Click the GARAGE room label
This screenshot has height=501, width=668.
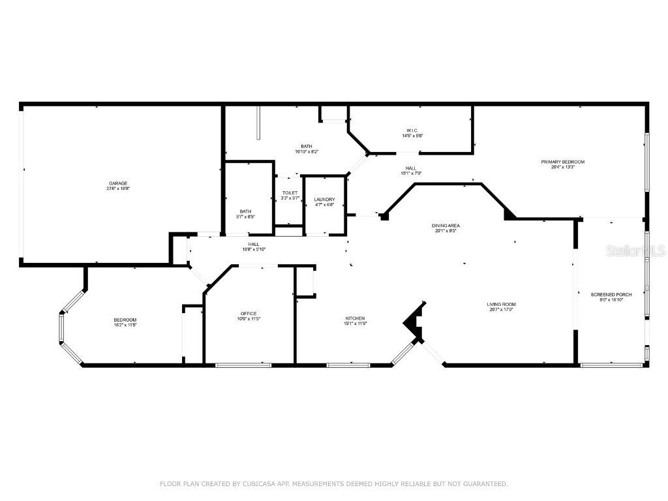(x=118, y=183)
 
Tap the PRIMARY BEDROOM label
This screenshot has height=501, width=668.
(x=562, y=162)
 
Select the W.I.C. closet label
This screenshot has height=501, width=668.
(x=412, y=130)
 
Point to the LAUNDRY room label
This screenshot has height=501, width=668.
(x=324, y=199)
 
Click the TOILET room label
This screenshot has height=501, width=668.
(x=290, y=193)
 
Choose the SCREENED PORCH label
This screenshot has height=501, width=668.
(x=607, y=295)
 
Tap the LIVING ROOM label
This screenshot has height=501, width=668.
(x=501, y=305)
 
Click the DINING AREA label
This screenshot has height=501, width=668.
(x=446, y=226)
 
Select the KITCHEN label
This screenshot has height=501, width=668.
(x=355, y=318)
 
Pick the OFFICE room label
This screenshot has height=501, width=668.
(x=248, y=314)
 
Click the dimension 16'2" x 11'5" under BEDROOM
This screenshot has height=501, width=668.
(x=125, y=324)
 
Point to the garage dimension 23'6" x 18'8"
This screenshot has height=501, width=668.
(x=118, y=189)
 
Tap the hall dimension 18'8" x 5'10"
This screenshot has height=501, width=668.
(x=253, y=249)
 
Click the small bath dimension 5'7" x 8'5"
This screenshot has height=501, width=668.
(x=245, y=217)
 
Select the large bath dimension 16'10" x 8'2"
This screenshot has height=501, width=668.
(x=306, y=151)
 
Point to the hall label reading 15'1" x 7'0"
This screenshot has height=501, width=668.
(x=411, y=174)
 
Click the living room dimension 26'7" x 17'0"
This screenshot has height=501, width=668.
(x=501, y=310)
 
